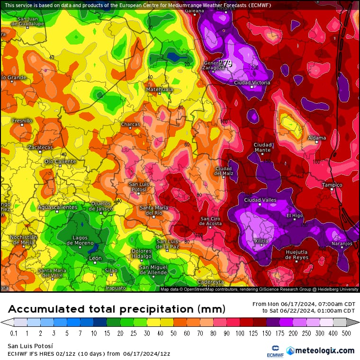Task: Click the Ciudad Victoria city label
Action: (x=252, y=82)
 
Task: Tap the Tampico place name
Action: (x=332, y=184)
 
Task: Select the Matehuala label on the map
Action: (x=159, y=89)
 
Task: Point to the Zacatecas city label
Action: (x=40, y=147)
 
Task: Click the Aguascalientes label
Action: (x=57, y=207)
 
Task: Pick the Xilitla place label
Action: (x=261, y=241)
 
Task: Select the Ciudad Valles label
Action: (x=260, y=200)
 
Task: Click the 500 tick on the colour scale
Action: (x=347, y=333)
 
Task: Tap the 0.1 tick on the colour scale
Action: (x=14, y=333)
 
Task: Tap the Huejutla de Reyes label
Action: (x=297, y=254)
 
